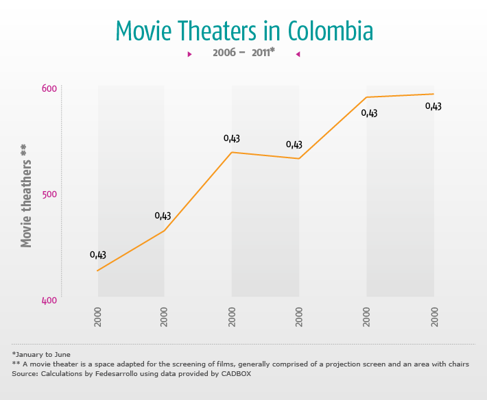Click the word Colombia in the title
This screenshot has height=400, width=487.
[x=331, y=32]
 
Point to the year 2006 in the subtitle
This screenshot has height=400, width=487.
[x=224, y=53]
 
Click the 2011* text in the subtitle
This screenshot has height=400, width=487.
[x=263, y=53]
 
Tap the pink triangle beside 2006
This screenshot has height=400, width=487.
[x=189, y=53]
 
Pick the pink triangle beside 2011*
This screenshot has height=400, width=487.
[x=298, y=53]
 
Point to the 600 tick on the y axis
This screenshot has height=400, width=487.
[x=49, y=89]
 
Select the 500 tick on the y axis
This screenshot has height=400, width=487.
[x=49, y=195]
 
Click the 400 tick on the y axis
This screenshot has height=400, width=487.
[x=49, y=300]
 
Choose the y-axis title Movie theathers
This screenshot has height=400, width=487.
[x=26, y=196]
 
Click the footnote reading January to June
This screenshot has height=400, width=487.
[x=41, y=354]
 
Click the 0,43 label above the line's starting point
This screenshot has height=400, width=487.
[x=97, y=255]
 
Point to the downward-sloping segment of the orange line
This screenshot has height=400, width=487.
[x=265, y=155]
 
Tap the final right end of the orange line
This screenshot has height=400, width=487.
[x=433, y=94]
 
